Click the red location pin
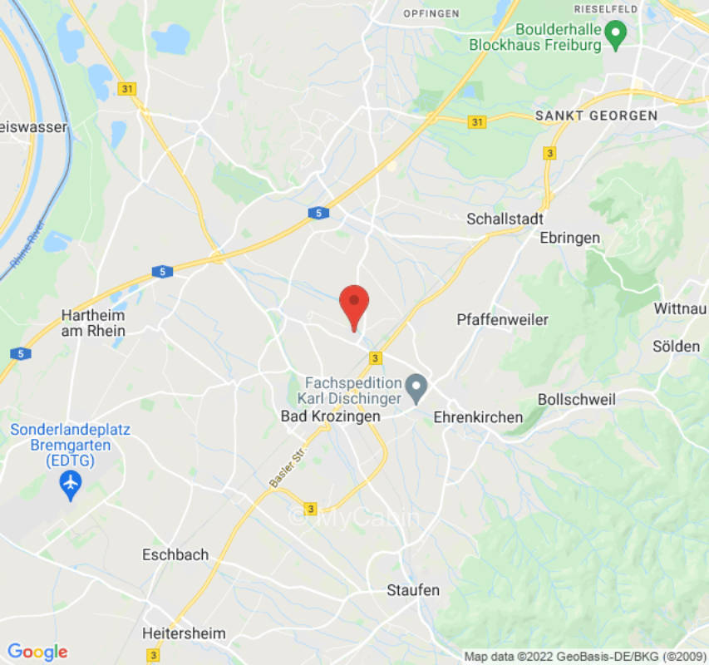355,304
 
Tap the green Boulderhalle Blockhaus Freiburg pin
615,34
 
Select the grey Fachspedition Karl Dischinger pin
416,387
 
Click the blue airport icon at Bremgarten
71,482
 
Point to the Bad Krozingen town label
330,416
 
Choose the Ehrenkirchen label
479,417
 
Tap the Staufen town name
413,590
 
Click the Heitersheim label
184,633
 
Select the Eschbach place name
175,554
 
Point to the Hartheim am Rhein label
93,323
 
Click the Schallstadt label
505,219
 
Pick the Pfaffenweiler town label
502,319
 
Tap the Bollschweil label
577,400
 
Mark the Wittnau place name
681,308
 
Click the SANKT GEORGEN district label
596,116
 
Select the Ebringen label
569,238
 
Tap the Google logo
37,652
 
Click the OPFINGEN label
431,14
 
